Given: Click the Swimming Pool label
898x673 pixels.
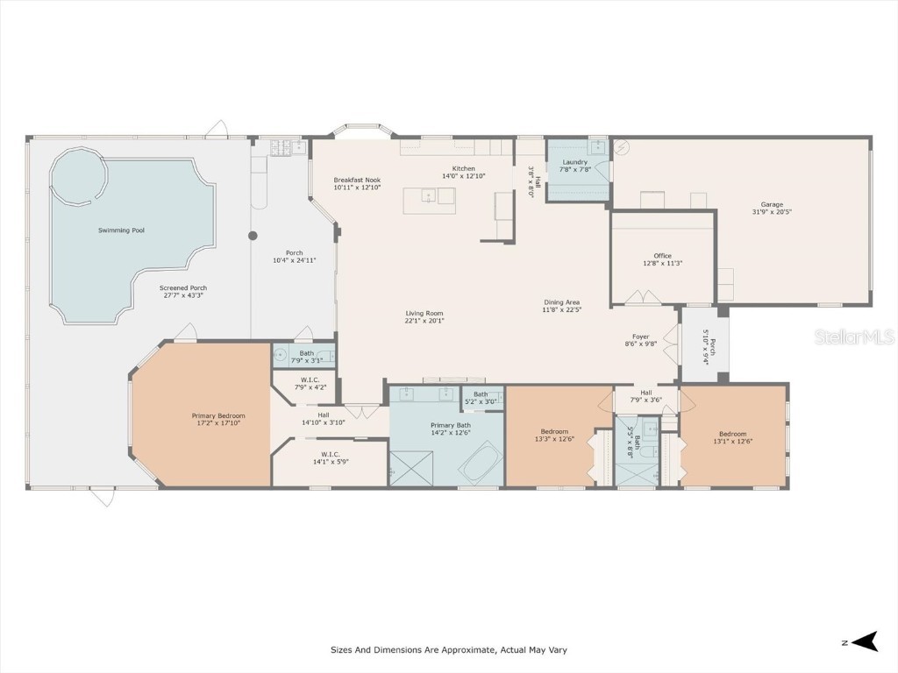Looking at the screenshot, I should pyautogui.click(x=121, y=230).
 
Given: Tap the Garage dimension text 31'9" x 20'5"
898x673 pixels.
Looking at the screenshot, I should pyautogui.click(x=772, y=212).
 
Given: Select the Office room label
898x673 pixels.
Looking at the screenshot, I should pyautogui.click(x=662, y=256).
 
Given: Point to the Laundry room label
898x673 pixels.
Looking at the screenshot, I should pyautogui.click(x=574, y=162).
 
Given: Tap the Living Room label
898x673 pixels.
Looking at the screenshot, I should pyautogui.click(x=424, y=313).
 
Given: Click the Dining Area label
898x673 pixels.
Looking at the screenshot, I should pyautogui.click(x=561, y=302).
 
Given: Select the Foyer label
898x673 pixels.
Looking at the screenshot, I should pyautogui.click(x=641, y=336).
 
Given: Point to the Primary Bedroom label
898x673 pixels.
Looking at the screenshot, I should pyautogui.click(x=218, y=415).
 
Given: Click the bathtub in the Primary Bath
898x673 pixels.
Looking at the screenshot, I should pyautogui.click(x=481, y=462).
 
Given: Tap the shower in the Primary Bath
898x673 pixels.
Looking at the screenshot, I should pyautogui.click(x=411, y=466).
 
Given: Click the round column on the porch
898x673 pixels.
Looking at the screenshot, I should pyautogui.click(x=253, y=236).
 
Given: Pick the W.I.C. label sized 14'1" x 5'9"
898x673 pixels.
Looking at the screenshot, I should pyautogui.click(x=330, y=454).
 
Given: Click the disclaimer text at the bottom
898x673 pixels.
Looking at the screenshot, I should pyautogui.click(x=448, y=650).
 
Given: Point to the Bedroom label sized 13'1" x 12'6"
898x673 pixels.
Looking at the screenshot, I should pyautogui.click(x=732, y=434).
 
